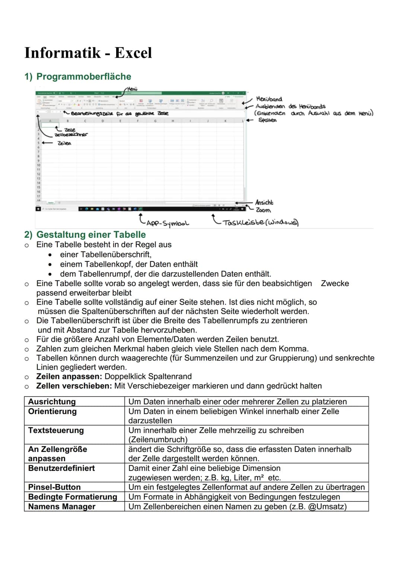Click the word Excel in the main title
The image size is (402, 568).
coord(133,53)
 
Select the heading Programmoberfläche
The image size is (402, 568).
coord(83,77)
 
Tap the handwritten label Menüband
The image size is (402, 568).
coord(269,99)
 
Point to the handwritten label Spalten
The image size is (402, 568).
coord(267,120)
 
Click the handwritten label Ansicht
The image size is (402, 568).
coord(264,202)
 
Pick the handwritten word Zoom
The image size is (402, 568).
coord(263,210)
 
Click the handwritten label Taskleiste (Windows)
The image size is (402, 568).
coord(260,222)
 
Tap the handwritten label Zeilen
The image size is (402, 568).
coord(64,143)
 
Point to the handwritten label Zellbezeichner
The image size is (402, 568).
coord(71,135)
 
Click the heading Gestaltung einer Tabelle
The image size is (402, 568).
coord(91,235)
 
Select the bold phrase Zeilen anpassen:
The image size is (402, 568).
coord(69,376)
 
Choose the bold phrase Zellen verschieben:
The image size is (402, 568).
coord(74,386)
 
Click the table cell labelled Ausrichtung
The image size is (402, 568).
coord(52,402)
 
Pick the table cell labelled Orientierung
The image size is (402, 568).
coord(52,411)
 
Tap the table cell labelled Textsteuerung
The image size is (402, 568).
coord(56,430)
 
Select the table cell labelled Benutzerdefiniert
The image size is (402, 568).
coord(61,468)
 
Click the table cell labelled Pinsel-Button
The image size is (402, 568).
coord(54,487)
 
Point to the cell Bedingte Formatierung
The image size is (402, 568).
coord(73,497)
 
